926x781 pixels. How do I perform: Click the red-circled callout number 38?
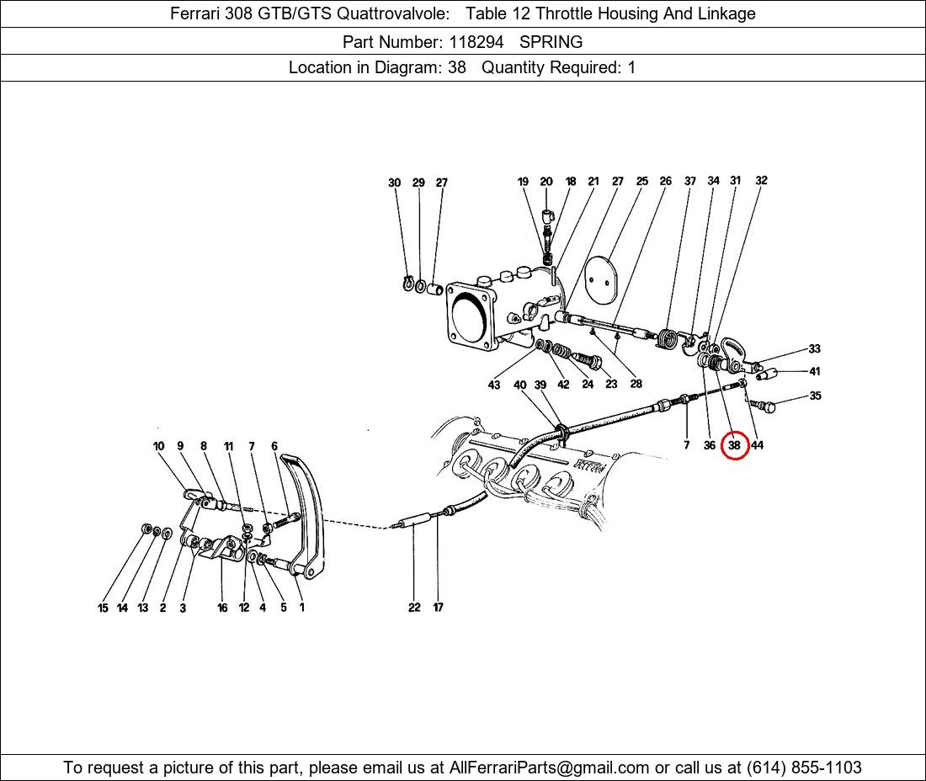click(734, 445)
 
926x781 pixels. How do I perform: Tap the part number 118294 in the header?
click(476, 42)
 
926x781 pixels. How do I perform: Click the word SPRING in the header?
click(551, 42)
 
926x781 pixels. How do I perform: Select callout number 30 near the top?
click(395, 183)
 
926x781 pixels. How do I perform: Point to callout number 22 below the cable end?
click(414, 607)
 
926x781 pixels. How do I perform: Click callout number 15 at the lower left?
click(103, 608)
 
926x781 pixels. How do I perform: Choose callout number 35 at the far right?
click(815, 396)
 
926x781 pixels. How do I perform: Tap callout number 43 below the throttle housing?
click(493, 385)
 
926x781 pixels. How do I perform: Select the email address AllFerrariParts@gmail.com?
click(549, 768)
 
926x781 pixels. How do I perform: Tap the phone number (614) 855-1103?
click(804, 768)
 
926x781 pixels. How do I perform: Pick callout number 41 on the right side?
click(815, 371)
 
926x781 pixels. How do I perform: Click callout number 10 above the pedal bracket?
click(159, 446)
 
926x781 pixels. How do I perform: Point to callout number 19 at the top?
click(523, 182)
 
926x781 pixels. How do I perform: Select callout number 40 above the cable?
click(519, 385)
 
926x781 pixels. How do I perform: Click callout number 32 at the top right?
click(761, 180)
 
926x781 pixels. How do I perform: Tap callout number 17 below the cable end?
click(438, 607)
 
